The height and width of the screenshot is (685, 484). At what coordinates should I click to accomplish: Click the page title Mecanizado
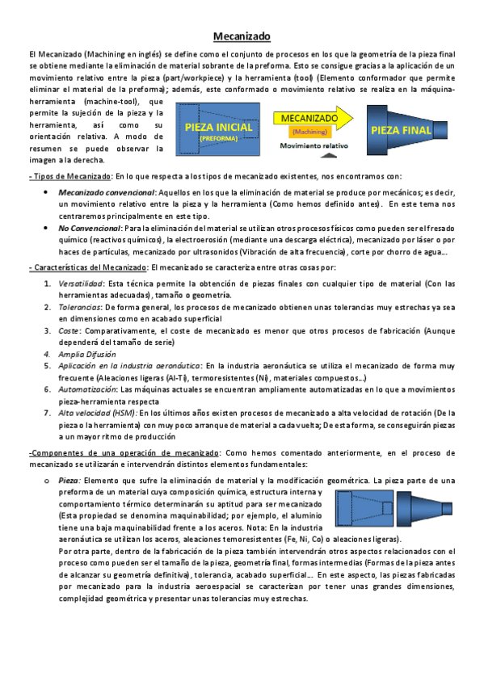coord(242,36)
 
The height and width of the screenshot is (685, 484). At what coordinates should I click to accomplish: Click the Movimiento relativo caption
coord(314,145)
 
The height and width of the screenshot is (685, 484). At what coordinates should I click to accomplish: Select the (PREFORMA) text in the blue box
coord(213,139)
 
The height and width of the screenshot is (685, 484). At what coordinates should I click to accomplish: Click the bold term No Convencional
coord(88,229)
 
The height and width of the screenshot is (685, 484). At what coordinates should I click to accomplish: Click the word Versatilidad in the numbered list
coord(80,284)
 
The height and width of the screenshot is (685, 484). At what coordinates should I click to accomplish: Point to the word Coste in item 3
coord(69,330)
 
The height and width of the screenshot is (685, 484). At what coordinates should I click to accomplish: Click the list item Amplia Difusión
coord(86,354)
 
